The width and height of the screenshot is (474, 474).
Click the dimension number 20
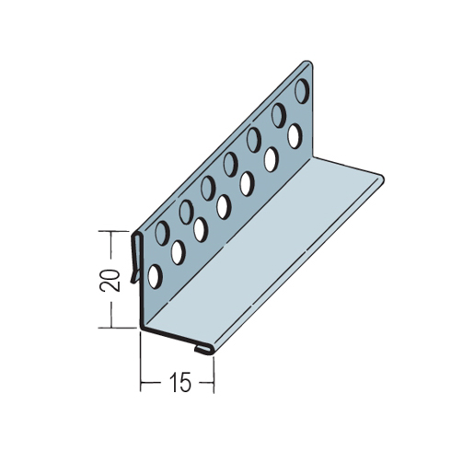[x=110, y=280]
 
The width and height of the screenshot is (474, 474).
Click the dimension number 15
[x=180, y=382]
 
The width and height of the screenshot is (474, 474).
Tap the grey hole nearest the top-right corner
[x=302, y=90]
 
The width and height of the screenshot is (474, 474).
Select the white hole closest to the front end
[x=155, y=276]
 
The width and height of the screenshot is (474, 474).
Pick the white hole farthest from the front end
[x=295, y=136]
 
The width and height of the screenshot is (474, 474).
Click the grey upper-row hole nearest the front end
[x=162, y=233]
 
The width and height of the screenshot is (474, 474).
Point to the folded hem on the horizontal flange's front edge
[x=203, y=349]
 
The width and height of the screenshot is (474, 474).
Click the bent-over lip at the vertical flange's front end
[x=135, y=258]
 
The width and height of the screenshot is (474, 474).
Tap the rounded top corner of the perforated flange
[x=308, y=64]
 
